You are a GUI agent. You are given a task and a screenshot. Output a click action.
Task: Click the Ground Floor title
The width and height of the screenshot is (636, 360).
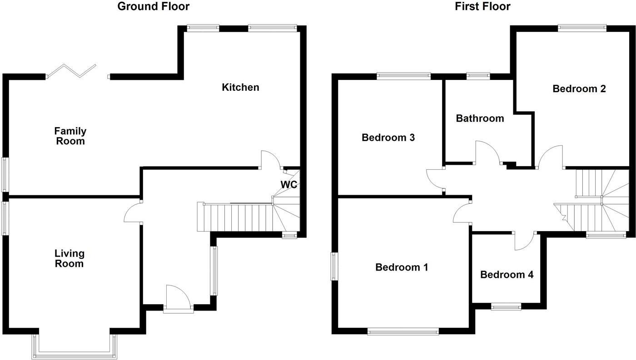153,6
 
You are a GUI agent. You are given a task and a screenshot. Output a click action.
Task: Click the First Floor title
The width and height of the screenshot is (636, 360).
482,6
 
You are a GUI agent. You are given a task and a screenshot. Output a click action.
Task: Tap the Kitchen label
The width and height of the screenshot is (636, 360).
240,87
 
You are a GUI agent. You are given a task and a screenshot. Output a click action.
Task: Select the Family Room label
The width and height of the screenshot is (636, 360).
70,136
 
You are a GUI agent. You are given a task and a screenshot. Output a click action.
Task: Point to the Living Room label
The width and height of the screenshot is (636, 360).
69,258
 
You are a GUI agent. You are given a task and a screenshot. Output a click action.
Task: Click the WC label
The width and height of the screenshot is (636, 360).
288,185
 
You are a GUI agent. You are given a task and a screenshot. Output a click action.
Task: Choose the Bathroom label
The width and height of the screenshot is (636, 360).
480,118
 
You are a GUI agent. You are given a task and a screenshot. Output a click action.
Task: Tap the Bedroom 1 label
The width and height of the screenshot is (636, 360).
402,267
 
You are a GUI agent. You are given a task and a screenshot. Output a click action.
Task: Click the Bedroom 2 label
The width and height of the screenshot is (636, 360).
579,89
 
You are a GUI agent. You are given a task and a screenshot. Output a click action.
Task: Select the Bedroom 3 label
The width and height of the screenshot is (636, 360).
388,137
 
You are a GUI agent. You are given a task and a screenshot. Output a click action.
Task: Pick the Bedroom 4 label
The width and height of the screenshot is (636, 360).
507,275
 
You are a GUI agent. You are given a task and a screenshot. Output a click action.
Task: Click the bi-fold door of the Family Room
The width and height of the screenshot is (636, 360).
73,72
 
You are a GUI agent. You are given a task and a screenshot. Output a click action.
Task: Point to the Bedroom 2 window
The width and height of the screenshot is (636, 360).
581,28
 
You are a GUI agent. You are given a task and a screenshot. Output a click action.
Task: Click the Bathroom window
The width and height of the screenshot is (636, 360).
478,76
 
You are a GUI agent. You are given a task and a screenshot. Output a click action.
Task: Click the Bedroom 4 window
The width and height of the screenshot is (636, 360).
506,307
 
